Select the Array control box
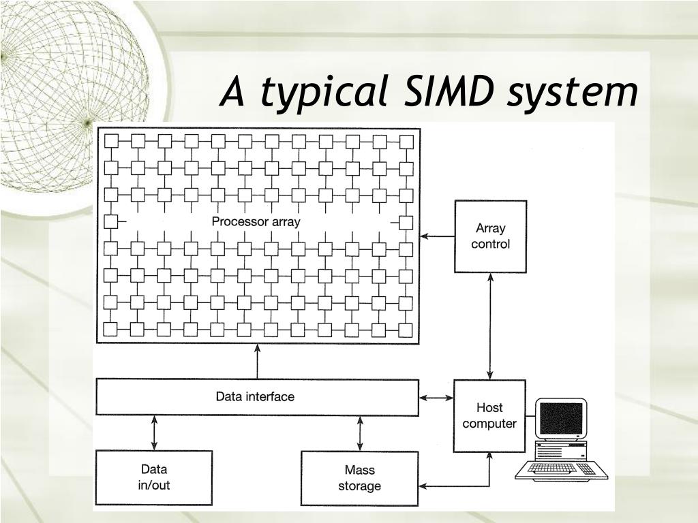[x=491, y=236]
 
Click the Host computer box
[x=489, y=415]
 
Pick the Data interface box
[x=257, y=397]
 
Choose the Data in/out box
[x=153, y=477]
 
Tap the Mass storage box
[x=359, y=477]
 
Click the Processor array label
[x=256, y=222]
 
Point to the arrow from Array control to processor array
[x=438, y=236]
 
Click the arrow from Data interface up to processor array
[x=257, y=361]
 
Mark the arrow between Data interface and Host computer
[x=436, y=397]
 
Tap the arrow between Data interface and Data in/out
[x=154, y=432]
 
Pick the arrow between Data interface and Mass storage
[x=360, y=432]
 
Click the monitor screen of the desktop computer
[x=561, y=417]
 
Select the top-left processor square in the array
[x=111, y=141]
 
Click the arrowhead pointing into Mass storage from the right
[x=423, y=486]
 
